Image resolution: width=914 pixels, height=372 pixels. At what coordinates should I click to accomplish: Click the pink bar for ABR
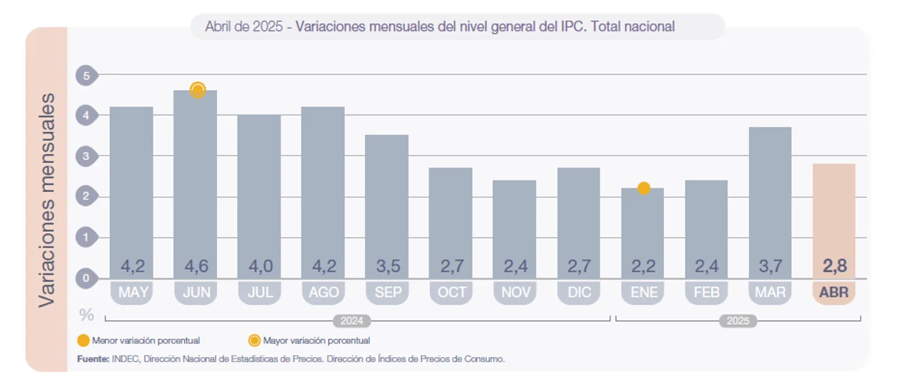coord(833,214)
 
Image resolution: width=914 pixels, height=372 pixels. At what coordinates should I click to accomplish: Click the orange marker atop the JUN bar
coord(198,90)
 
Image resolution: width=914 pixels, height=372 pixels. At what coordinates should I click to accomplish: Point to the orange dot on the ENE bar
coord(643,188)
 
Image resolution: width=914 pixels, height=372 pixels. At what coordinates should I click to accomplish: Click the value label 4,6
coord(196,267)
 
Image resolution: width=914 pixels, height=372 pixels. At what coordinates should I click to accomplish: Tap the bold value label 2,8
coord(833,267)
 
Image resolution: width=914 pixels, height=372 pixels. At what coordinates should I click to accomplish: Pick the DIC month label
coord(578,293)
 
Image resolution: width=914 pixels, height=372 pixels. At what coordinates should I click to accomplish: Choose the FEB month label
coord(706,293)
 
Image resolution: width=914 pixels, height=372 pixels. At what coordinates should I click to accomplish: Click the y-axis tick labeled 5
coord(86,74)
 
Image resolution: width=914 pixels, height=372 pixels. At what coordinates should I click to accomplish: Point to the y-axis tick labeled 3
coord(86,156)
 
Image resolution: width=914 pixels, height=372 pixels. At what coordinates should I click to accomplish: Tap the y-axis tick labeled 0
coord(86,278)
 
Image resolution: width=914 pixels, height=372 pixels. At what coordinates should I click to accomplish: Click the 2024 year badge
coord(352,321)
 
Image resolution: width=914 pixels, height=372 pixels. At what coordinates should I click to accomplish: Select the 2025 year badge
coord(738,321)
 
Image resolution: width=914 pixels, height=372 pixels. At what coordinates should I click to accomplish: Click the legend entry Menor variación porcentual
coord(139,341)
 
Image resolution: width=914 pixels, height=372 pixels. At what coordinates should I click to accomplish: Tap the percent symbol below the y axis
coord(86,314)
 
